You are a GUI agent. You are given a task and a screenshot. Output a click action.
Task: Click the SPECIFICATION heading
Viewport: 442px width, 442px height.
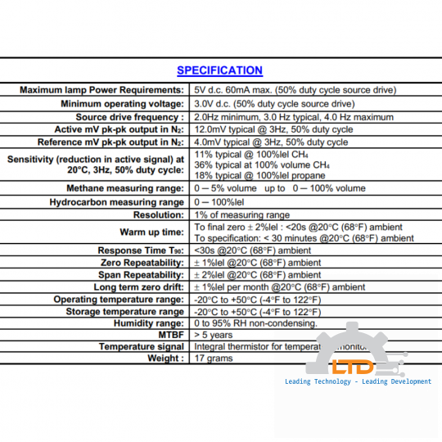tap(219, 70)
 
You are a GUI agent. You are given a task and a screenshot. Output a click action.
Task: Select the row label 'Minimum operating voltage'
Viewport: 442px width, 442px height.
tap(123, 104)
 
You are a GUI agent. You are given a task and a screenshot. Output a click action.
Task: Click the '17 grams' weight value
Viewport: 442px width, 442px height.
tap(213, 359)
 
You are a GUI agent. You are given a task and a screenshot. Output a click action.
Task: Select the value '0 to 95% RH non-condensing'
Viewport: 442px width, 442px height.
tap(255, 323)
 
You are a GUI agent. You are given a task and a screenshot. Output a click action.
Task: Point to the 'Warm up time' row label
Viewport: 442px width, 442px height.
tap(151, 232)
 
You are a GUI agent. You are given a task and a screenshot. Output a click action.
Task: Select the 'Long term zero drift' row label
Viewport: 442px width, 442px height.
tap(139, 287)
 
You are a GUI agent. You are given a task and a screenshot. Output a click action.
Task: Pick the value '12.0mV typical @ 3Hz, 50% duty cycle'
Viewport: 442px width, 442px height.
tap(273, 129)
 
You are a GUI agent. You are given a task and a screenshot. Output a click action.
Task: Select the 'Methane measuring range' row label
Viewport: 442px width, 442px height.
tap(125, 188)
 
